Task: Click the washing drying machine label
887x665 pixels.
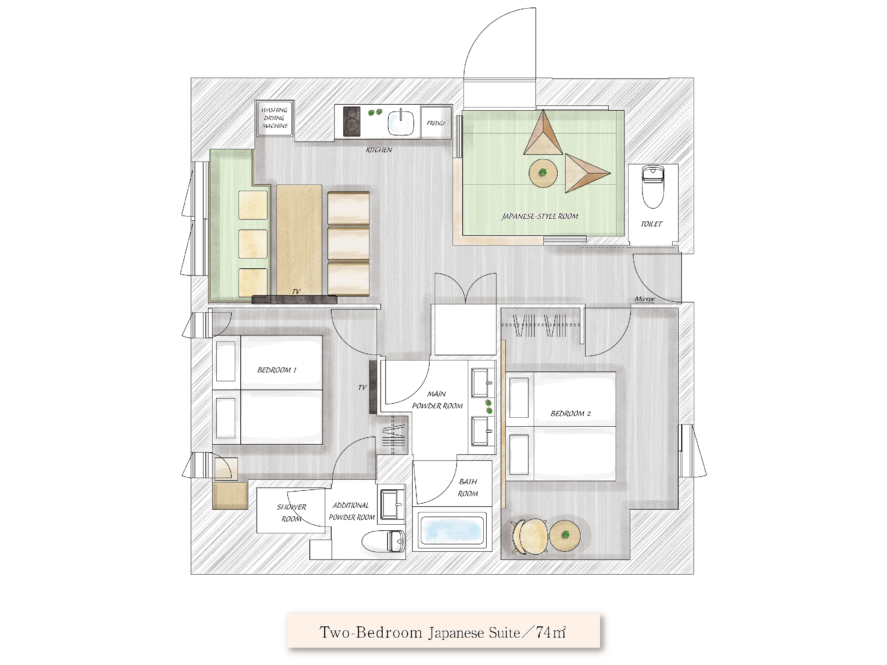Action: [275, 118]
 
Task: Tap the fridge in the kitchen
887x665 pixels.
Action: [436, 123]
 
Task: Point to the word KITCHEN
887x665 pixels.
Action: [379, 150]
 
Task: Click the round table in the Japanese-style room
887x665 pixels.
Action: [543, 173]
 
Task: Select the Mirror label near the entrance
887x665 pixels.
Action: [644, 299]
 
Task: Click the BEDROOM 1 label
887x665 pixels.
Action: [277, 370]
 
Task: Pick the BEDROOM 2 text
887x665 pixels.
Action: [570, 413]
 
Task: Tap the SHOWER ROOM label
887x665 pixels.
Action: [291, 513]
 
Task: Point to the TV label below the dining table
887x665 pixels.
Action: [296, 292]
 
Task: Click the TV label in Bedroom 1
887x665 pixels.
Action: [362, 387]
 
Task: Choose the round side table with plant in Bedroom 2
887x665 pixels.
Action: [564, 536]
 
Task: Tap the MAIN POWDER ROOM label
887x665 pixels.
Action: [437, 400]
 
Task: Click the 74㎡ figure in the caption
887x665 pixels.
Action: [550, 632]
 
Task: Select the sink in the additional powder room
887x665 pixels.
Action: [391, 504]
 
